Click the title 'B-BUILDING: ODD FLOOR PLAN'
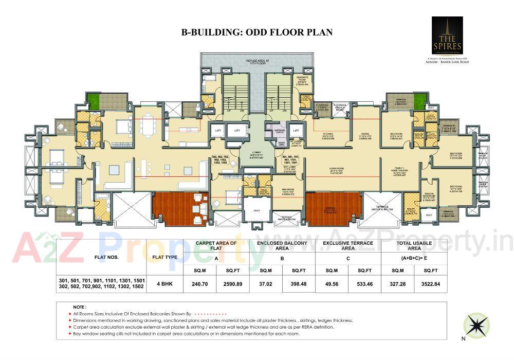[256, 32]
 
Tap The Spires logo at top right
[447, 35]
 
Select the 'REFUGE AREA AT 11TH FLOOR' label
[258, 62]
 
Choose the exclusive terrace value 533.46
[364, 283]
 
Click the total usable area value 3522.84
[431, 283]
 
